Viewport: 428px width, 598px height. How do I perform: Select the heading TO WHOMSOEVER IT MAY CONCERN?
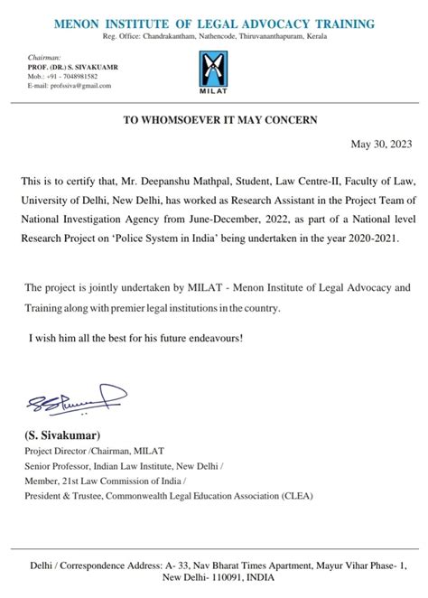tap(214, 119)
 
